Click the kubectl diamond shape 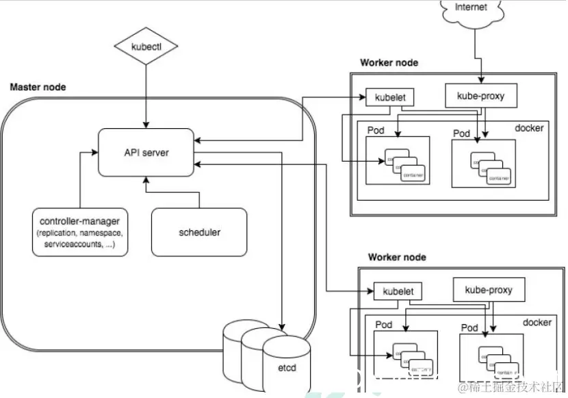pyautogui.click(x=145, y=47)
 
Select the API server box pyautogui.click(x=146, y=152)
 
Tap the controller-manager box pyautogui.click(x=80, y=231)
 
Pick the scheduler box pyautogui.click(x=199, y=232)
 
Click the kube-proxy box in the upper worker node pyautogui.click(x=480, y=97)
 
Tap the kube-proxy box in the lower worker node pyautogui.click(x=488, y=290)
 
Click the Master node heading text pyautogui.click(x=38, y=87)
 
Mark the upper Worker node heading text pyautogui.click(x=389, y=63)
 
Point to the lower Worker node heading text pyautogui.click(x=397, y=258)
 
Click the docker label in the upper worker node pyautogui.click(x=528, y=128)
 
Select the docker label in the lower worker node pyautogui.click(x=537, y=322)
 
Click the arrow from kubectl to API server pyautogui.click(x=145, y=96)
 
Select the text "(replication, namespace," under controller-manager pyautogui.click(x=80, y=233)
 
